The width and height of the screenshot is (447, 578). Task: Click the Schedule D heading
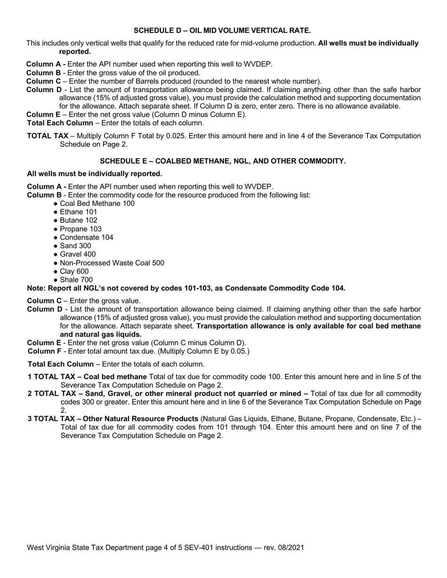tap(222, 31)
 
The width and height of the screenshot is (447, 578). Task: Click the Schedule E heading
tap(223, 161)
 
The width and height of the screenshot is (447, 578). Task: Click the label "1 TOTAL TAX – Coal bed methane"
tap(87, 377)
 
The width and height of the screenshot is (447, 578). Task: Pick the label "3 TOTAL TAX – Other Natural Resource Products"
tap(113, 419)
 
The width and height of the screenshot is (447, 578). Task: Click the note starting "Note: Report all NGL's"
tap(186, 289)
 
